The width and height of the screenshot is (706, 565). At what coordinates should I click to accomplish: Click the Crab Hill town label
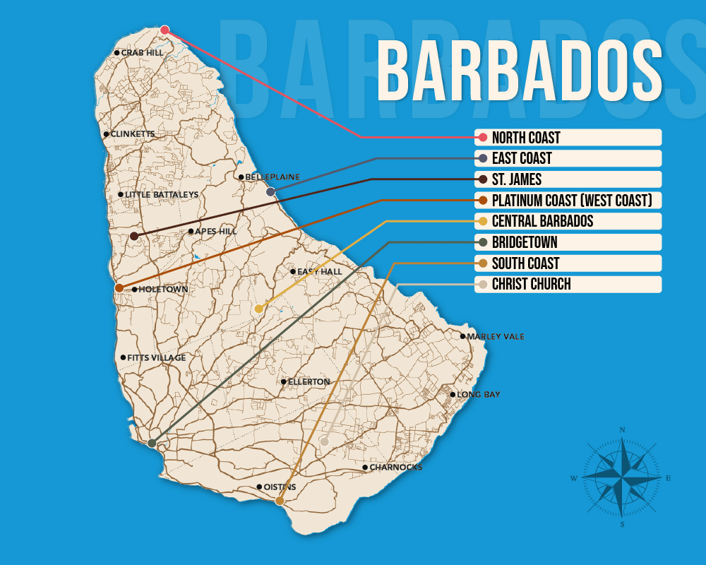coord(142,53)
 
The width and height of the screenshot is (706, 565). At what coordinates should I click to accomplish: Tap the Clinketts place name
coord(132,134)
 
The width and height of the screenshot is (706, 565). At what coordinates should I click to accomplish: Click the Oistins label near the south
coord(280,487)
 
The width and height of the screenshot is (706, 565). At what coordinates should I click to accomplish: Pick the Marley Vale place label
coord(496,337)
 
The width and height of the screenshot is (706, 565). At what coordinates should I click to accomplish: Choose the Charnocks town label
coord(395,468)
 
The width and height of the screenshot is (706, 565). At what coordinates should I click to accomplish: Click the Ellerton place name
coord(309,382)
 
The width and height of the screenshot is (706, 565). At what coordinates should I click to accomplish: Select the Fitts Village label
coord(156,358)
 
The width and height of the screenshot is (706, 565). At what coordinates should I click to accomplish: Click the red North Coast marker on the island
coord(164,30)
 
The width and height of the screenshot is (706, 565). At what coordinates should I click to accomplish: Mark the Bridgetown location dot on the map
coord(152,444)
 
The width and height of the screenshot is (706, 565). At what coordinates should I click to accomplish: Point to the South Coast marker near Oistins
coord(280,501)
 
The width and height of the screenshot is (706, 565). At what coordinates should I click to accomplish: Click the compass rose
coord(622,478)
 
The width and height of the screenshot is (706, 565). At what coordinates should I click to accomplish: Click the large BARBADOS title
coord(520,71)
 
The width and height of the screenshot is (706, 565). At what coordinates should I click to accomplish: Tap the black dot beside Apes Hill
coord(191,231)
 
